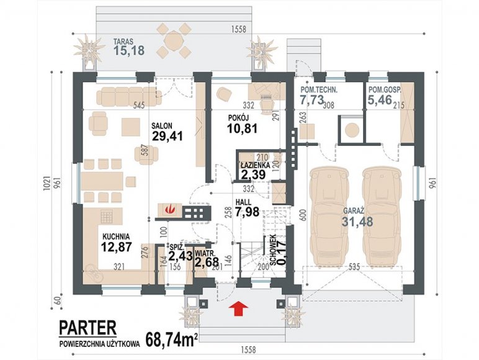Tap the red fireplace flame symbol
[x=169, y=210]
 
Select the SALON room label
[x=162, y=125]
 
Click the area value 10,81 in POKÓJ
[x=242, y=128]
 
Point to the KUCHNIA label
[x=116, y=236]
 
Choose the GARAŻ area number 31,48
[x=357, y=222]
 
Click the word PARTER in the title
[x=87, y=327]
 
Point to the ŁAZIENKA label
[x=256, y=165]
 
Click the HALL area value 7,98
[x=247, y=212]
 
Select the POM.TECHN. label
[x=320, y=90]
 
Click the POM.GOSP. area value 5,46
[x=380, y=100]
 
